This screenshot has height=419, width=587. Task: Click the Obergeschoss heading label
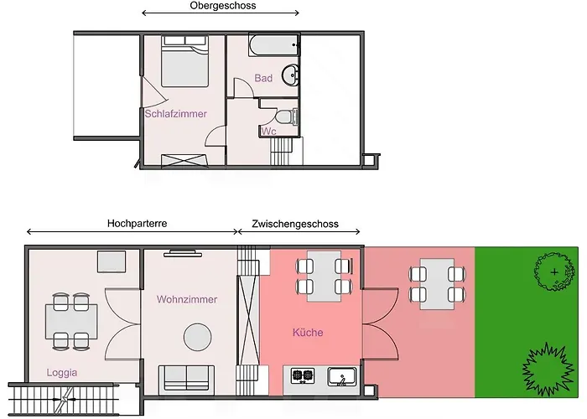pos(223,6)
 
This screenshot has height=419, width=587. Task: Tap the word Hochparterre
pos(137,224)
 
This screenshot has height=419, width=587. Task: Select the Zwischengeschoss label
pos(295,224)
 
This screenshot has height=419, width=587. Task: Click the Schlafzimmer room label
pos(175,114)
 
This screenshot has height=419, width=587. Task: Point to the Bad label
pos(263,78)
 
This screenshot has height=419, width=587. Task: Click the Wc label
pos(269,132)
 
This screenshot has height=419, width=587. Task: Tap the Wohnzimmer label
pos(187,299)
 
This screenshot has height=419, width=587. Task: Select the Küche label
pos(308,332)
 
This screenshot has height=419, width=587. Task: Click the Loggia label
pos(62,373)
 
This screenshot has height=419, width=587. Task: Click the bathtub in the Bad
pos(274,45)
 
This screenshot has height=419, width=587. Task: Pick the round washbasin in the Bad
pos(290,74)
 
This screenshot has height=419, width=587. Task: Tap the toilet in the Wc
pos(287,116)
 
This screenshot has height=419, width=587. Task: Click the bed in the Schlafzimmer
pos(184,62)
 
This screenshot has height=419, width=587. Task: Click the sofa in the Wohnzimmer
pos(186,379)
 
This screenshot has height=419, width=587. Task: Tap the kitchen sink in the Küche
pos(342,376)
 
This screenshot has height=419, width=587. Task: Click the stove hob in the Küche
pos(303,375)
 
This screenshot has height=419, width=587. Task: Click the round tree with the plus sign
pos(554,272)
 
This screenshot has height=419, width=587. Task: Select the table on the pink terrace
pos(437,283)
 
